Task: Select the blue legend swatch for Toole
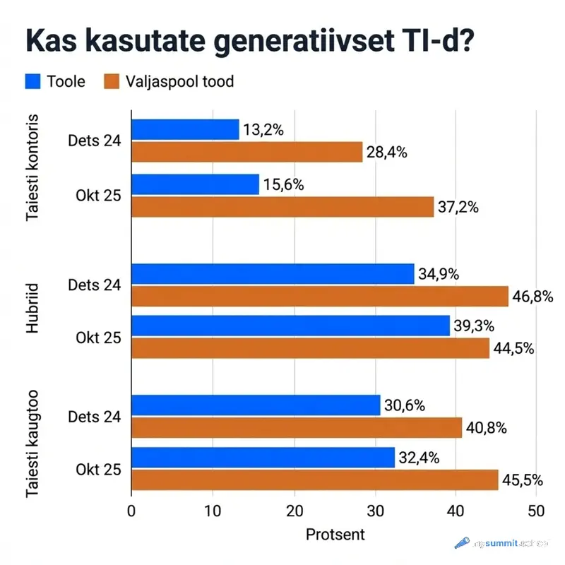32,82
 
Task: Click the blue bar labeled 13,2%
185,130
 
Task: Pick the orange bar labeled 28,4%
246,152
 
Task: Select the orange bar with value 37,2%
282,207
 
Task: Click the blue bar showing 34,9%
273,274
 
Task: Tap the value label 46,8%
533,296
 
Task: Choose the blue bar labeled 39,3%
290,326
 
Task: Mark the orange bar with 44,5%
310,347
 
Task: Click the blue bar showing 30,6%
256,405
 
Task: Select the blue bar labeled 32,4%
263,458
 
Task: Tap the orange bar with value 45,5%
314,480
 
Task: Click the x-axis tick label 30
375,511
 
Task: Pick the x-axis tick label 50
537,511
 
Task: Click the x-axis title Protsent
335,535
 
